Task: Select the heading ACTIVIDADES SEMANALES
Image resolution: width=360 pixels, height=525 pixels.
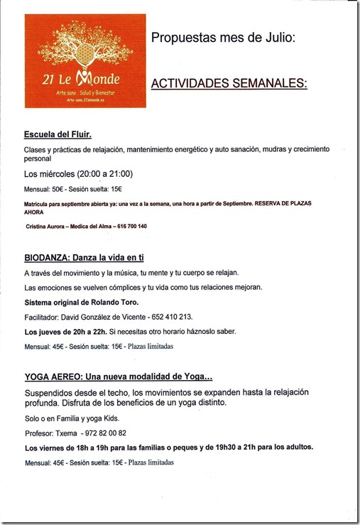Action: pos(229,84)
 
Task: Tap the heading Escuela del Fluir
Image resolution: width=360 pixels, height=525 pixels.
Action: pos(58,134)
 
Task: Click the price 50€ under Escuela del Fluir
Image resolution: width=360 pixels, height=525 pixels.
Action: pos(58,188)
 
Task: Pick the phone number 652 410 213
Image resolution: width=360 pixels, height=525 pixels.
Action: pos(170,317)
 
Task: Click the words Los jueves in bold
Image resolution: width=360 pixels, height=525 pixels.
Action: pos(45,332)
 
